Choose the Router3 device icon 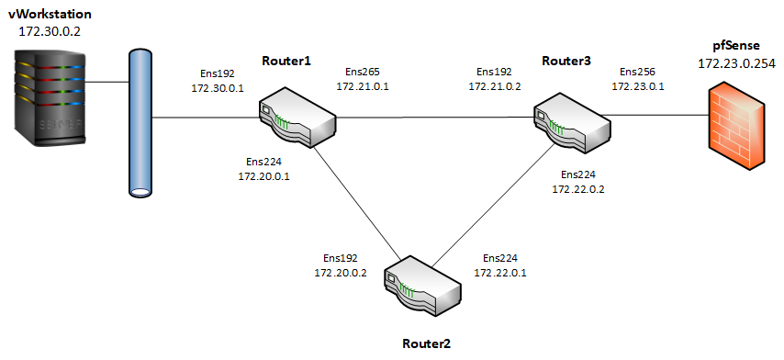(574, 118)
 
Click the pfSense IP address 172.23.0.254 (734, 64)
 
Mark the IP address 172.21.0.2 (495, 85)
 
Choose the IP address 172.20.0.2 (341, 273)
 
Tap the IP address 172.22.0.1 (500, 273)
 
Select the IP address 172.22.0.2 (577, 188)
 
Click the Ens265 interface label (363, 71)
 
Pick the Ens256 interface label (638, 71)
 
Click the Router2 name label (427, 343)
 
